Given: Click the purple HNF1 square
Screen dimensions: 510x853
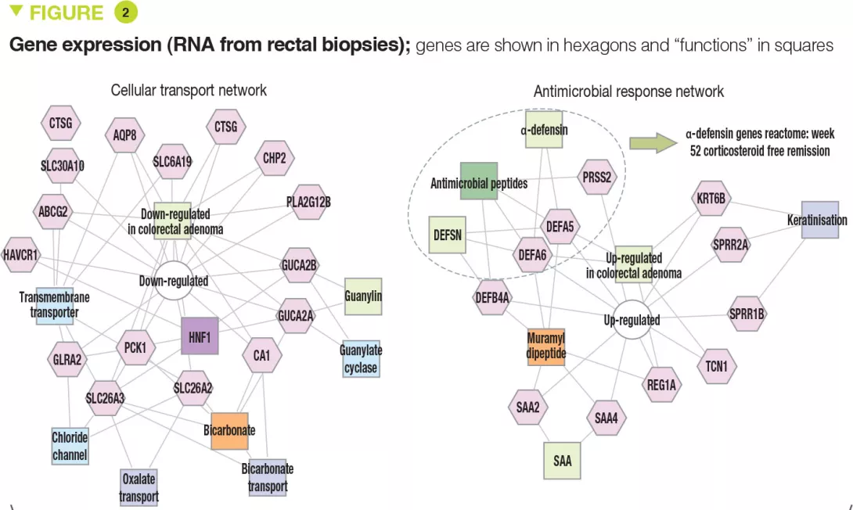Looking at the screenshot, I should (x=200, y=337).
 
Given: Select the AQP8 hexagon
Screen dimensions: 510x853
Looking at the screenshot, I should (x=124, y=135).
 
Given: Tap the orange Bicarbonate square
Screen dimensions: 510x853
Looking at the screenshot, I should (x=229, y=430).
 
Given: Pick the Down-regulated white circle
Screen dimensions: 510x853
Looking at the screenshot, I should (x=173, y=281).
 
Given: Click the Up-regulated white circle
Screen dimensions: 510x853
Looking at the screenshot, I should (x=632, y=320).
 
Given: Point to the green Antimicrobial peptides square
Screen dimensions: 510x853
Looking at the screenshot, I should (x=479, y=181).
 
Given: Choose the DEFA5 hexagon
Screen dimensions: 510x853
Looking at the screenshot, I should (x=560, y=227).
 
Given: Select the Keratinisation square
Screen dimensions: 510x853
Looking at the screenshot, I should (x=817, y=220).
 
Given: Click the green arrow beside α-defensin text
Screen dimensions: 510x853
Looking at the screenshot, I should (x=653, y=142).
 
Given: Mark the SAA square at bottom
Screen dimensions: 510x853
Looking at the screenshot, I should (x=562, y=460).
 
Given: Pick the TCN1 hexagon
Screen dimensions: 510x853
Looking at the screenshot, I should (x=716, y=365).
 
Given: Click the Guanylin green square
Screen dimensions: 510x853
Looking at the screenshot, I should (x=363, y=296).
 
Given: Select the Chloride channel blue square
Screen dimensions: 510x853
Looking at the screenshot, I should (x=70, y=445).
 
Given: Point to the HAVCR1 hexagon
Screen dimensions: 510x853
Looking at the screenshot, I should (x=20, y=255).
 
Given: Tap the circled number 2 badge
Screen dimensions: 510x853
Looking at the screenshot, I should (x=125, y=13).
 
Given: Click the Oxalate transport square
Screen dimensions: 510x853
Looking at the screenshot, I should (x=139, y=487).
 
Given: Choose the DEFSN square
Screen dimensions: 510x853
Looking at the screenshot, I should (x=447, y=234).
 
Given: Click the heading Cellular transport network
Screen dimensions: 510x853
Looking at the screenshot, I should (x=189, y=90).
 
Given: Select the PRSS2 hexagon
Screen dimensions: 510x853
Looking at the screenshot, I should (x=597, y=178).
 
